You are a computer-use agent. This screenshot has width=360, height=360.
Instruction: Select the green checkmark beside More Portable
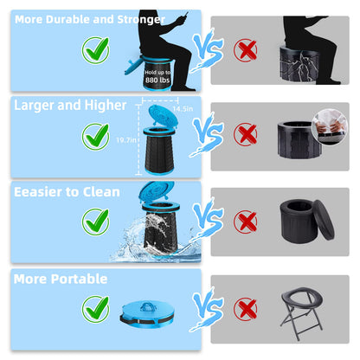click(94, 309)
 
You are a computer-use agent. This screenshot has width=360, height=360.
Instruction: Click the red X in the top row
click(245, 49)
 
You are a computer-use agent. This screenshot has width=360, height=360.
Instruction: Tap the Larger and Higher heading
click(57, 105)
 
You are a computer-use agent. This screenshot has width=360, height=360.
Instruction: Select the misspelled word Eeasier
click(36, 191)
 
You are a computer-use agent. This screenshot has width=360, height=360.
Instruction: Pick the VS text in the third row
click(207, 216)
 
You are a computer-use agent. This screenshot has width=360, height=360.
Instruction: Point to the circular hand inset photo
click(326, 120)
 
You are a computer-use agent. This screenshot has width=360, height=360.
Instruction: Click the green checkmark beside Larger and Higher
click(94, 135)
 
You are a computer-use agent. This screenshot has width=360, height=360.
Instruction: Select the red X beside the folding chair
click(245, 308)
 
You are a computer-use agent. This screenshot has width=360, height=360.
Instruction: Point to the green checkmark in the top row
click(94, 49)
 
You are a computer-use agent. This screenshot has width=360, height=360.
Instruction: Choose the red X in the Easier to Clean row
click(245, 222)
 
